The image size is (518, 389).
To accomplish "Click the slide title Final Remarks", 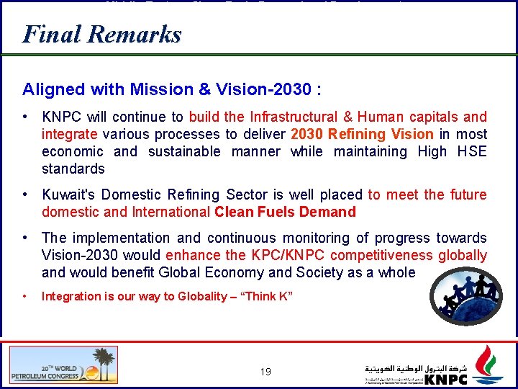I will (x=101, y=34).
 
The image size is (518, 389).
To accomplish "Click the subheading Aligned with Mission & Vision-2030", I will (x=171, y=90).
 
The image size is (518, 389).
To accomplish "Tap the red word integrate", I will (x=70, y=134).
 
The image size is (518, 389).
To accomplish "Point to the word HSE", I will (x=472, y=151).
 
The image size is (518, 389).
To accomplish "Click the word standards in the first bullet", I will (x=73, y=169).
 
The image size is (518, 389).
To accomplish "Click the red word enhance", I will (x=194, y=255).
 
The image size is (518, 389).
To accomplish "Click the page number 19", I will (x=265, y=372).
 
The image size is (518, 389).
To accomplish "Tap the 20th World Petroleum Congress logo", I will (x=63, y=365).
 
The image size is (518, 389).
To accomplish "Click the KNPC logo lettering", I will (x=446, y=379).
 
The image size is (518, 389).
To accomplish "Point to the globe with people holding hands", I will (x=472, y=296).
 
